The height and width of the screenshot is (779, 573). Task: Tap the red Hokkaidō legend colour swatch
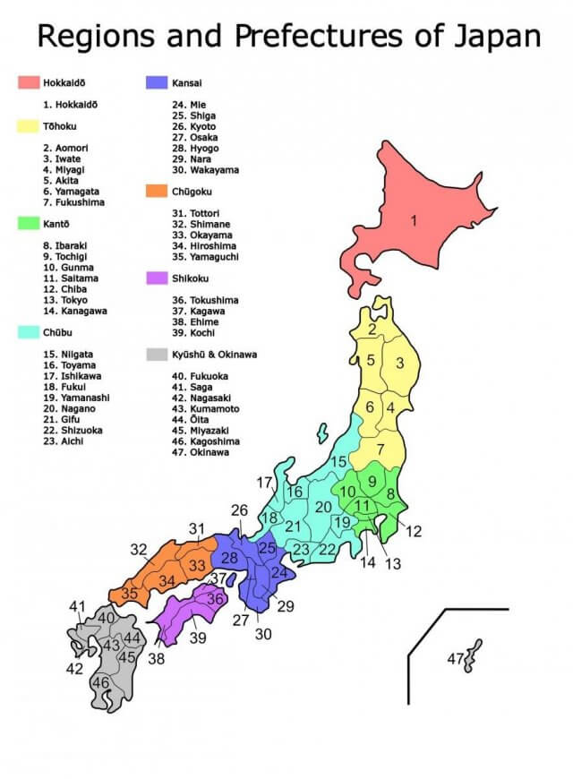pyautogui.click(x=28, y=82)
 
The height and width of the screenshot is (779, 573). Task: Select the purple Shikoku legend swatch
pyautogui.click(x=157, y=278)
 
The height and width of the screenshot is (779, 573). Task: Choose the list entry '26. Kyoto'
pyautogui.click(x=193, y=126)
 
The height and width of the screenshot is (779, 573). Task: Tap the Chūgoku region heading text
pyautogui.click(x=192, y=191)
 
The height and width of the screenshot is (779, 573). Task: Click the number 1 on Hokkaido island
pyautogui.click(x=414, y=220)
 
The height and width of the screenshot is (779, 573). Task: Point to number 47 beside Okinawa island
pyautogui.click(x=456, y=659)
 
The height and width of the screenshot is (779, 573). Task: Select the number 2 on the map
pyautogui.click(x=371, y=330)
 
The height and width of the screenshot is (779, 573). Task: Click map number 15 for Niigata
pyautogui.click(x=338, y=461)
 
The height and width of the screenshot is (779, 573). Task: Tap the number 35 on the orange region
pyautogui.click(x=130, y=593)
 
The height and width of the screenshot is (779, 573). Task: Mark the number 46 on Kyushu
pyautogui.click(x=101, y=682)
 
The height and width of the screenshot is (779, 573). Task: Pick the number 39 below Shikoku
pyautogui.click(x=197, y=638)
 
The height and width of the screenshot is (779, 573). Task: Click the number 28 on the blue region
pyautogui.click(x=229, y=558)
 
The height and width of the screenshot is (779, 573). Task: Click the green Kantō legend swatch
pyautogui.click(x=28, y=223)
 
